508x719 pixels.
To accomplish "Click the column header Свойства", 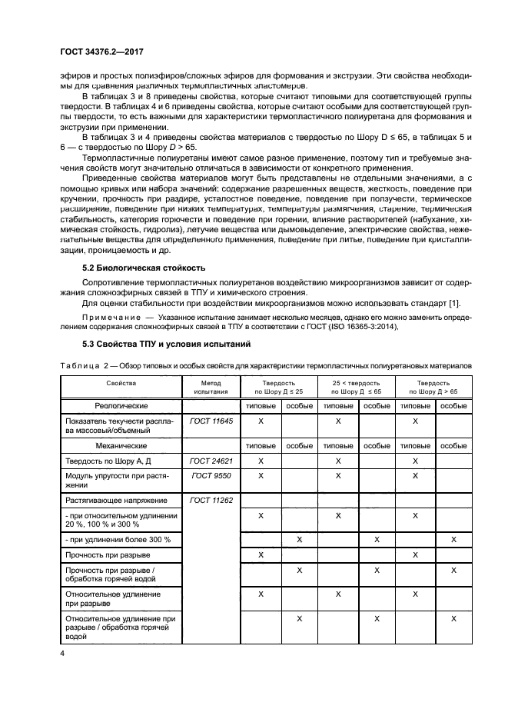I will pos(121,382).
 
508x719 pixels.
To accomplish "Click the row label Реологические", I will pos(121,404).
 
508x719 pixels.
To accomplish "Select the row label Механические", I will pos(121,445).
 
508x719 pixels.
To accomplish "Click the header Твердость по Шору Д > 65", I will pos(433,387).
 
